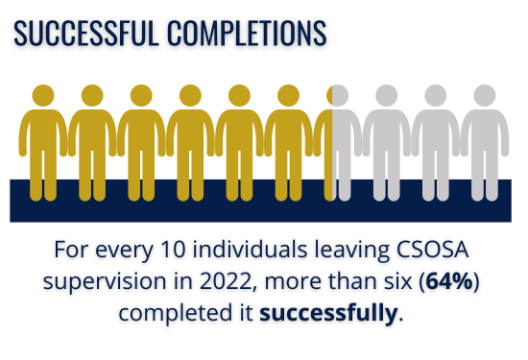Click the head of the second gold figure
(92, 96)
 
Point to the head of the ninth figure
(436, 96)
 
